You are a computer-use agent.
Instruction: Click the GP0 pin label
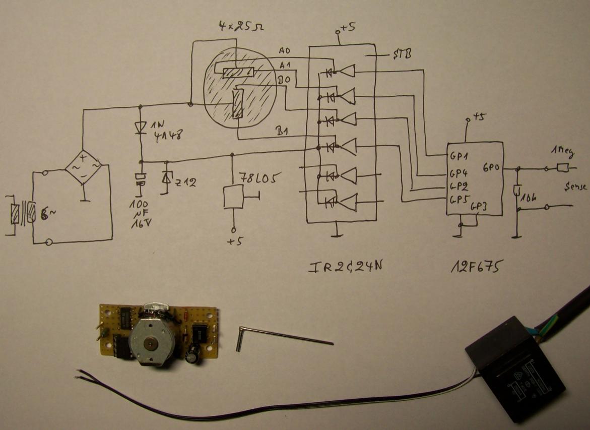[491, 167]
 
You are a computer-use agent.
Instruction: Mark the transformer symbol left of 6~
[23, 215]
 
